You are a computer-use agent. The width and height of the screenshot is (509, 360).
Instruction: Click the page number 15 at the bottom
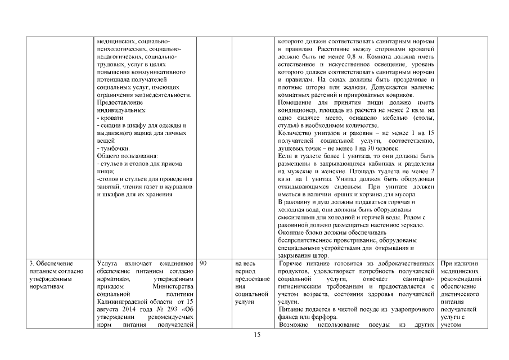257,335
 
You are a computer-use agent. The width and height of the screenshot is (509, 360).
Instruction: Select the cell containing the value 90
204,263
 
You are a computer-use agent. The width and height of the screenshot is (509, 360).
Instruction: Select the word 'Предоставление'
120,102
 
